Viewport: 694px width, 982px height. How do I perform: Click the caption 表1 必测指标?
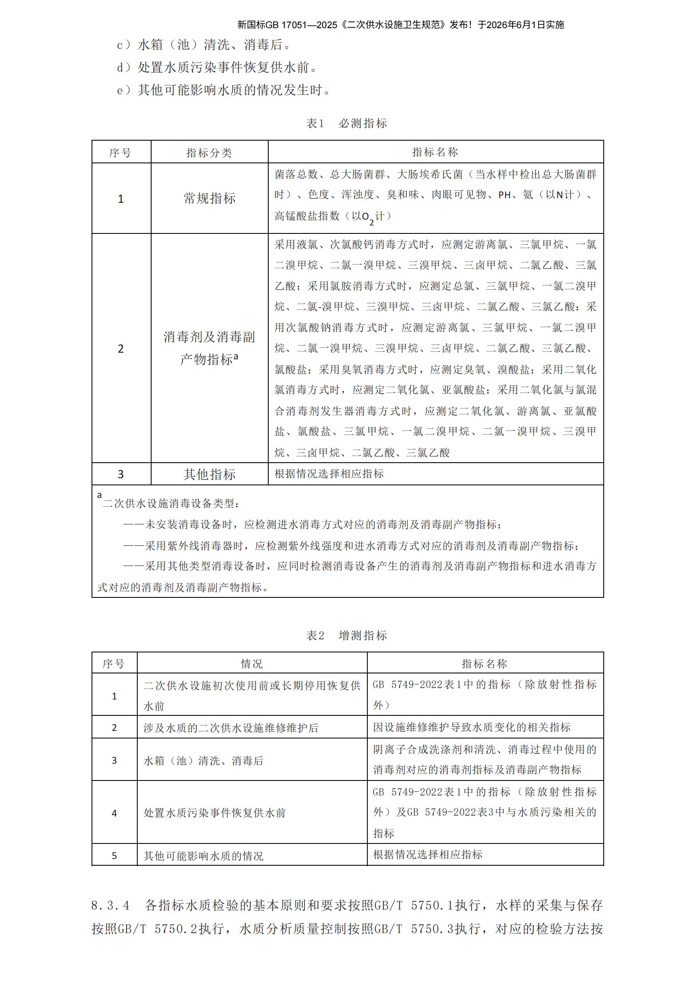click(x=346, y=123)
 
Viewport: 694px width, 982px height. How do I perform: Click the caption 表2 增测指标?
click(x=346, y=636)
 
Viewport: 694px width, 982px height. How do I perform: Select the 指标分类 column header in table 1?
click(x=209, y=153)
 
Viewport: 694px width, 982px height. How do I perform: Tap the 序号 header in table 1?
click(x=120, y=153)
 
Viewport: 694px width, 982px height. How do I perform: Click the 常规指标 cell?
click(x=209, y=199)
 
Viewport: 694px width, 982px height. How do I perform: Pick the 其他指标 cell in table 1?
click(x=209, y=474)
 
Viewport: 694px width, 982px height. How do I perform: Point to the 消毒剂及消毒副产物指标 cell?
click(x=209, y=348)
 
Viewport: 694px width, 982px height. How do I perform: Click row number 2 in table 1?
click(x=120, y=349)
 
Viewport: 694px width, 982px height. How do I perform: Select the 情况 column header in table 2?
click(x=251, y=664)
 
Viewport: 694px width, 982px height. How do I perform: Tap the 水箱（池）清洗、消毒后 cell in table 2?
click(x=204, y=761)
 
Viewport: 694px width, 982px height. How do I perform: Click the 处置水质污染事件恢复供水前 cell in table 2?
click(x=214, y=813)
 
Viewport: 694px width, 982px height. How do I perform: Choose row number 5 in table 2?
click(x=114, y=856)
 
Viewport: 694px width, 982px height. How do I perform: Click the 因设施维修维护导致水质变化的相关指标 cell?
click(x=471, y=728)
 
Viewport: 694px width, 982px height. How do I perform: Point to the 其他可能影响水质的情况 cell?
click(x=203, y=856)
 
